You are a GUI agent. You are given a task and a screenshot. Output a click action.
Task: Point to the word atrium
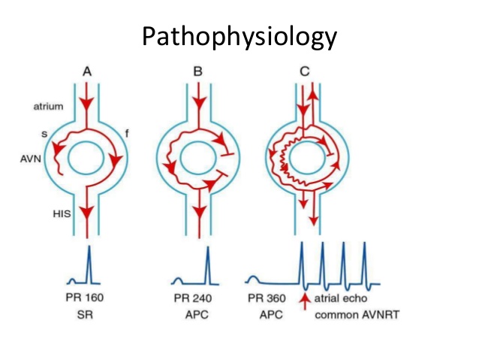click(x=47, y=107)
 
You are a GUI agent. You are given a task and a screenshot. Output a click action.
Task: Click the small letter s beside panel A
click(x=46, y=132)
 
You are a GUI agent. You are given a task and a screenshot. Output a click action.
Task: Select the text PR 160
click(x=85, y=298)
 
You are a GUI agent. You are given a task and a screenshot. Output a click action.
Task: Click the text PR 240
click(x=197, y=298)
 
